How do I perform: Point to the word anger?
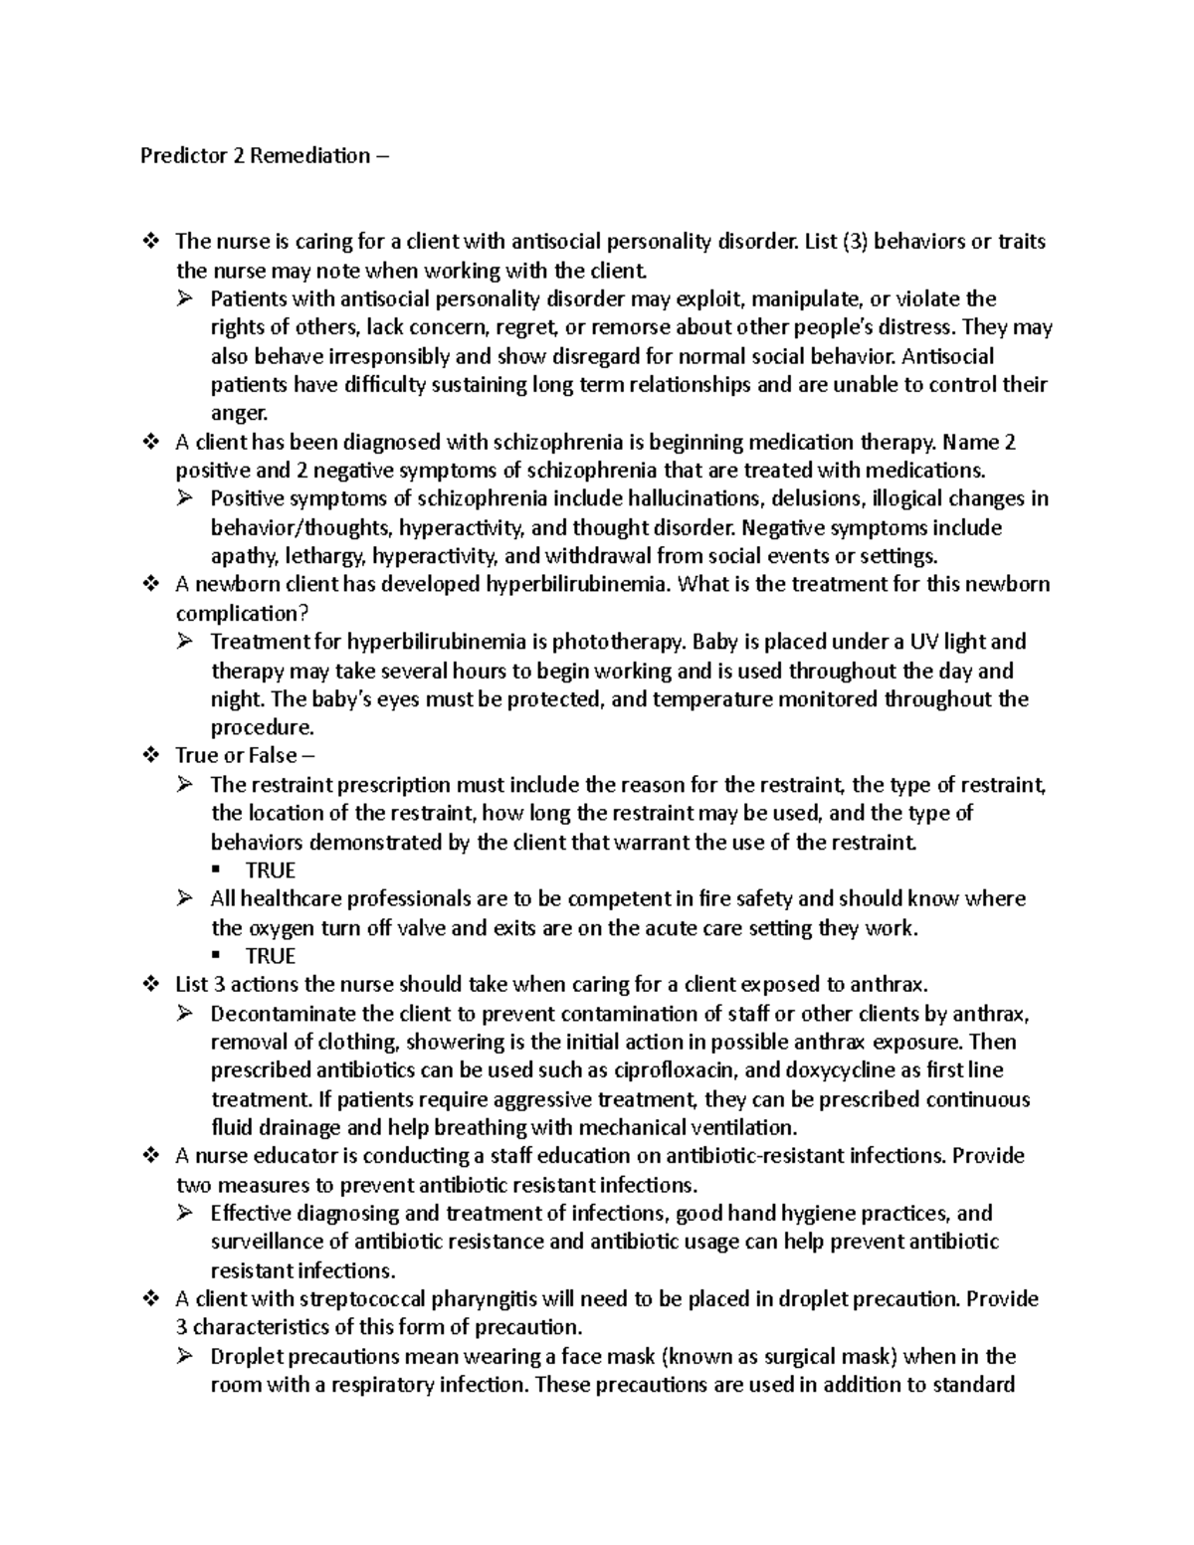pyautogui.click(x=239, y=414)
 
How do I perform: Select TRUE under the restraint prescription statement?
pyautogui.click(x=271, y=870)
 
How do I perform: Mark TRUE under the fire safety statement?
pyautogui.click(x=271, y=956)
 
